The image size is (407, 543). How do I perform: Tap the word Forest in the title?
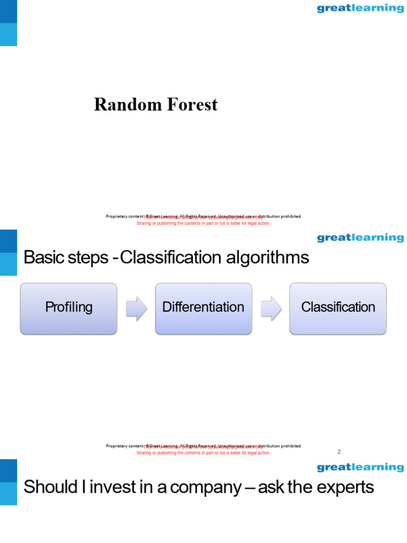[x=192, y=104]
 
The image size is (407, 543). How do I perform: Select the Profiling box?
[x=68, y=308]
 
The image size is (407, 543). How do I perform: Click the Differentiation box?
[x=203, y=308]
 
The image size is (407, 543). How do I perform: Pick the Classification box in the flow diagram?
[x=338, y=308]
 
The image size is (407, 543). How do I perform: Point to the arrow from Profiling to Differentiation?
[x=136, y=309]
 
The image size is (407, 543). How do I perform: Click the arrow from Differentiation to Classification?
[x=271, y=309]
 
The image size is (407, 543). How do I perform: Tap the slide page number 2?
[x=339, y=452]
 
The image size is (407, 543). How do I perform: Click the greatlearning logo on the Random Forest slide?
[x=360, y=8]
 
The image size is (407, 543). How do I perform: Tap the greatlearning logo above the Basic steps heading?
[x=360, y=238]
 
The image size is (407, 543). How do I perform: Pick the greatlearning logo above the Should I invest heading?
[x=360, y=468]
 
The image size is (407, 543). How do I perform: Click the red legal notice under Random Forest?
[x=203, y=223]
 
